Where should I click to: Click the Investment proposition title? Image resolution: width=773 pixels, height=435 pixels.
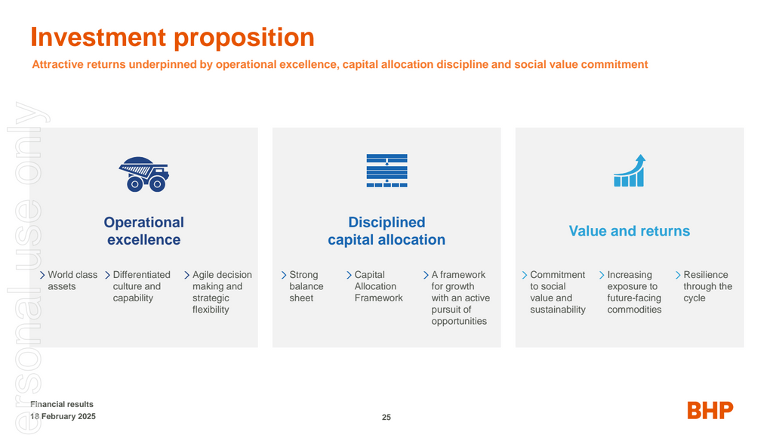[172, 37]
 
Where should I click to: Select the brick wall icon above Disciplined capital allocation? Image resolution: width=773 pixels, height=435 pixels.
[386, 171]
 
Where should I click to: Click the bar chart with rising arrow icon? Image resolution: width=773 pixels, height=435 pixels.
[629, 171]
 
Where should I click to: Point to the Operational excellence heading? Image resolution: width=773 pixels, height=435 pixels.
[143, 231]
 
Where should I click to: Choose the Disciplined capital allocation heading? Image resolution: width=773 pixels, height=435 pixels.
[386, 231]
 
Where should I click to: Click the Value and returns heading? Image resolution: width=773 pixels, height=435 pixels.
[629, 231]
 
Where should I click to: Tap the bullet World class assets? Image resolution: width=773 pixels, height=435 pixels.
[72, 281]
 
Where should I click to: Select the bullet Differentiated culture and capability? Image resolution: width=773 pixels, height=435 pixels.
[141, 286]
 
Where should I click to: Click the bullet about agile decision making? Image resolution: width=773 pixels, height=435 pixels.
[221, 292]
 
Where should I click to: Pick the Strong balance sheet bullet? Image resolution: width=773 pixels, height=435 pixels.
[306, 286]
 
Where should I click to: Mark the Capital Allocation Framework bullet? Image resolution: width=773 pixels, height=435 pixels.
[378, 286]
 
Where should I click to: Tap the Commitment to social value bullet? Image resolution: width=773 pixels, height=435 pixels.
[557, 292]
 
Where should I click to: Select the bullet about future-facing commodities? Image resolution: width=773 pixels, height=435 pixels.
[633, 292]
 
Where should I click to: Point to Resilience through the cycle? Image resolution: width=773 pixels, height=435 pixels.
[707, 286]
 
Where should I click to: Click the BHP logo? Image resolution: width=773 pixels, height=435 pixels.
[710, 411]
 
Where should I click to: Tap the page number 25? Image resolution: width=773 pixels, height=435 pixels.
[386, 418]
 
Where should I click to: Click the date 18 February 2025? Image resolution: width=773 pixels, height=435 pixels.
[63, 417]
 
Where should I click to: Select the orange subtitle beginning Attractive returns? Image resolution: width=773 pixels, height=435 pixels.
[340, 65]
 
